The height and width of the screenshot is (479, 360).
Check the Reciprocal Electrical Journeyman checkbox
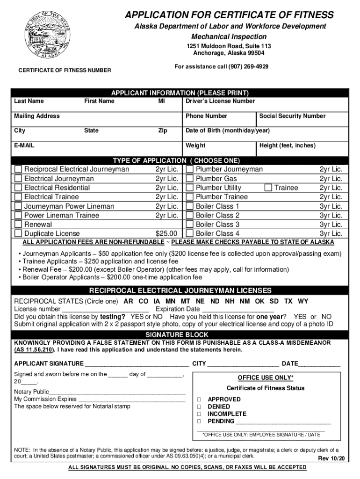tap(18, 169)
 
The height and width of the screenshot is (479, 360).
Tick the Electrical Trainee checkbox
tap(18, 197)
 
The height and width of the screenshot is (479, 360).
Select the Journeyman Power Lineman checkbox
tap(18, 206)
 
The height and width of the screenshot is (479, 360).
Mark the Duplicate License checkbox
tap(18, 233)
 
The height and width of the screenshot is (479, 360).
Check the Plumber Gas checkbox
tap(190, 179)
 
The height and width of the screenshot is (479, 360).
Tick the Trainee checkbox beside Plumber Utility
tap(268, 188)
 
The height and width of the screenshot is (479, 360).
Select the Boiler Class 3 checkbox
tap(190, 225)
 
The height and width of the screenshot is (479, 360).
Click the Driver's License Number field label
tap(220, 101)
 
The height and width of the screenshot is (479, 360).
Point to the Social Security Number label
tap(292, 116)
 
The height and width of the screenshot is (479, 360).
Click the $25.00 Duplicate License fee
tap(166, 233)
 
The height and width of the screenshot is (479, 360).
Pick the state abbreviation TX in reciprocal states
tap(289, 301)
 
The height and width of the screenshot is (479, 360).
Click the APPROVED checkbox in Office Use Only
tap(199, 399)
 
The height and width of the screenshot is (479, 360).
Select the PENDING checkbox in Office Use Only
tap(199, 421)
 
